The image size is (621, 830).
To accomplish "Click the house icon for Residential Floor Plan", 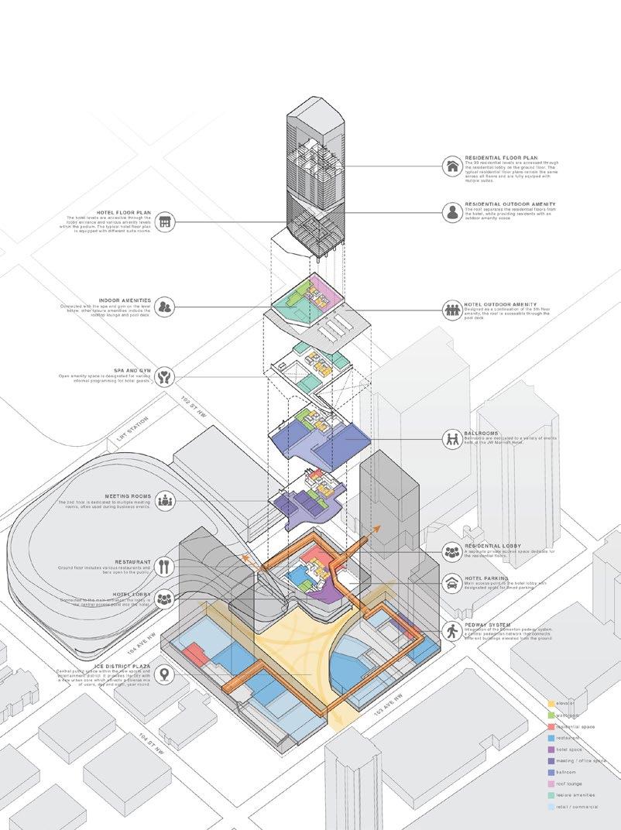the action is [452, 166].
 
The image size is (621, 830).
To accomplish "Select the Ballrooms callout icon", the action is [452, 439].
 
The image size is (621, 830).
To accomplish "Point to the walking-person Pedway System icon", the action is [452, 631].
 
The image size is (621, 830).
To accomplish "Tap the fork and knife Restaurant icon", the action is [163, 566].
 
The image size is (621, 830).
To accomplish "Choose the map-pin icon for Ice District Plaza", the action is [163, 674].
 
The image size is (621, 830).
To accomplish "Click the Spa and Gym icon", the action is [163, 377].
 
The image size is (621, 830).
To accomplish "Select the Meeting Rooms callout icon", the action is [163, 499].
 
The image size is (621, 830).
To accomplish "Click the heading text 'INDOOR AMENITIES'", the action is [125, 300].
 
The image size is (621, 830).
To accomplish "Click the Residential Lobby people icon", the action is [452, 552].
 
